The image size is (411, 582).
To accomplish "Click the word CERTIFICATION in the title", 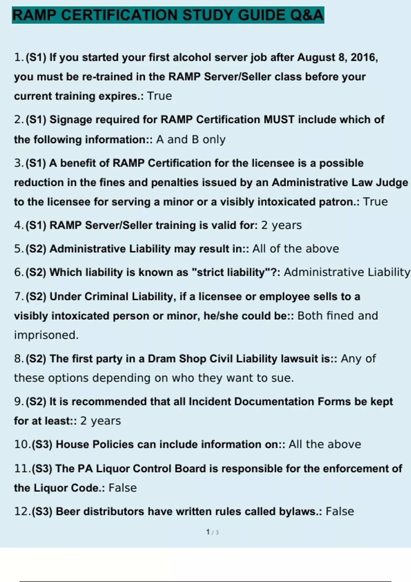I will (119, 15).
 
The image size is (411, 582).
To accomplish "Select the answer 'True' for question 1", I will (159, 96).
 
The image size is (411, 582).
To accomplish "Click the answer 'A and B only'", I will (191, 140).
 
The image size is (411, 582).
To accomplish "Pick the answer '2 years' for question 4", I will (281, 225).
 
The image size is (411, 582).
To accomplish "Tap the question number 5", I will (18, 249).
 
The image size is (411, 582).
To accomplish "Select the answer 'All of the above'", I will (296, 249).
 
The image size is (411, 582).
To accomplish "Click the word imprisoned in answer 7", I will (46, 335).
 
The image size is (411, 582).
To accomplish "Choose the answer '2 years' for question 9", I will (100, 421).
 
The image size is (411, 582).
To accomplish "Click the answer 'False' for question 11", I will (123, 488).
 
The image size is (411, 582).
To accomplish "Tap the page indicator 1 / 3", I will (212, 532).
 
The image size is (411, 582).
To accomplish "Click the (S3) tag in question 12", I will (42, 511).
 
